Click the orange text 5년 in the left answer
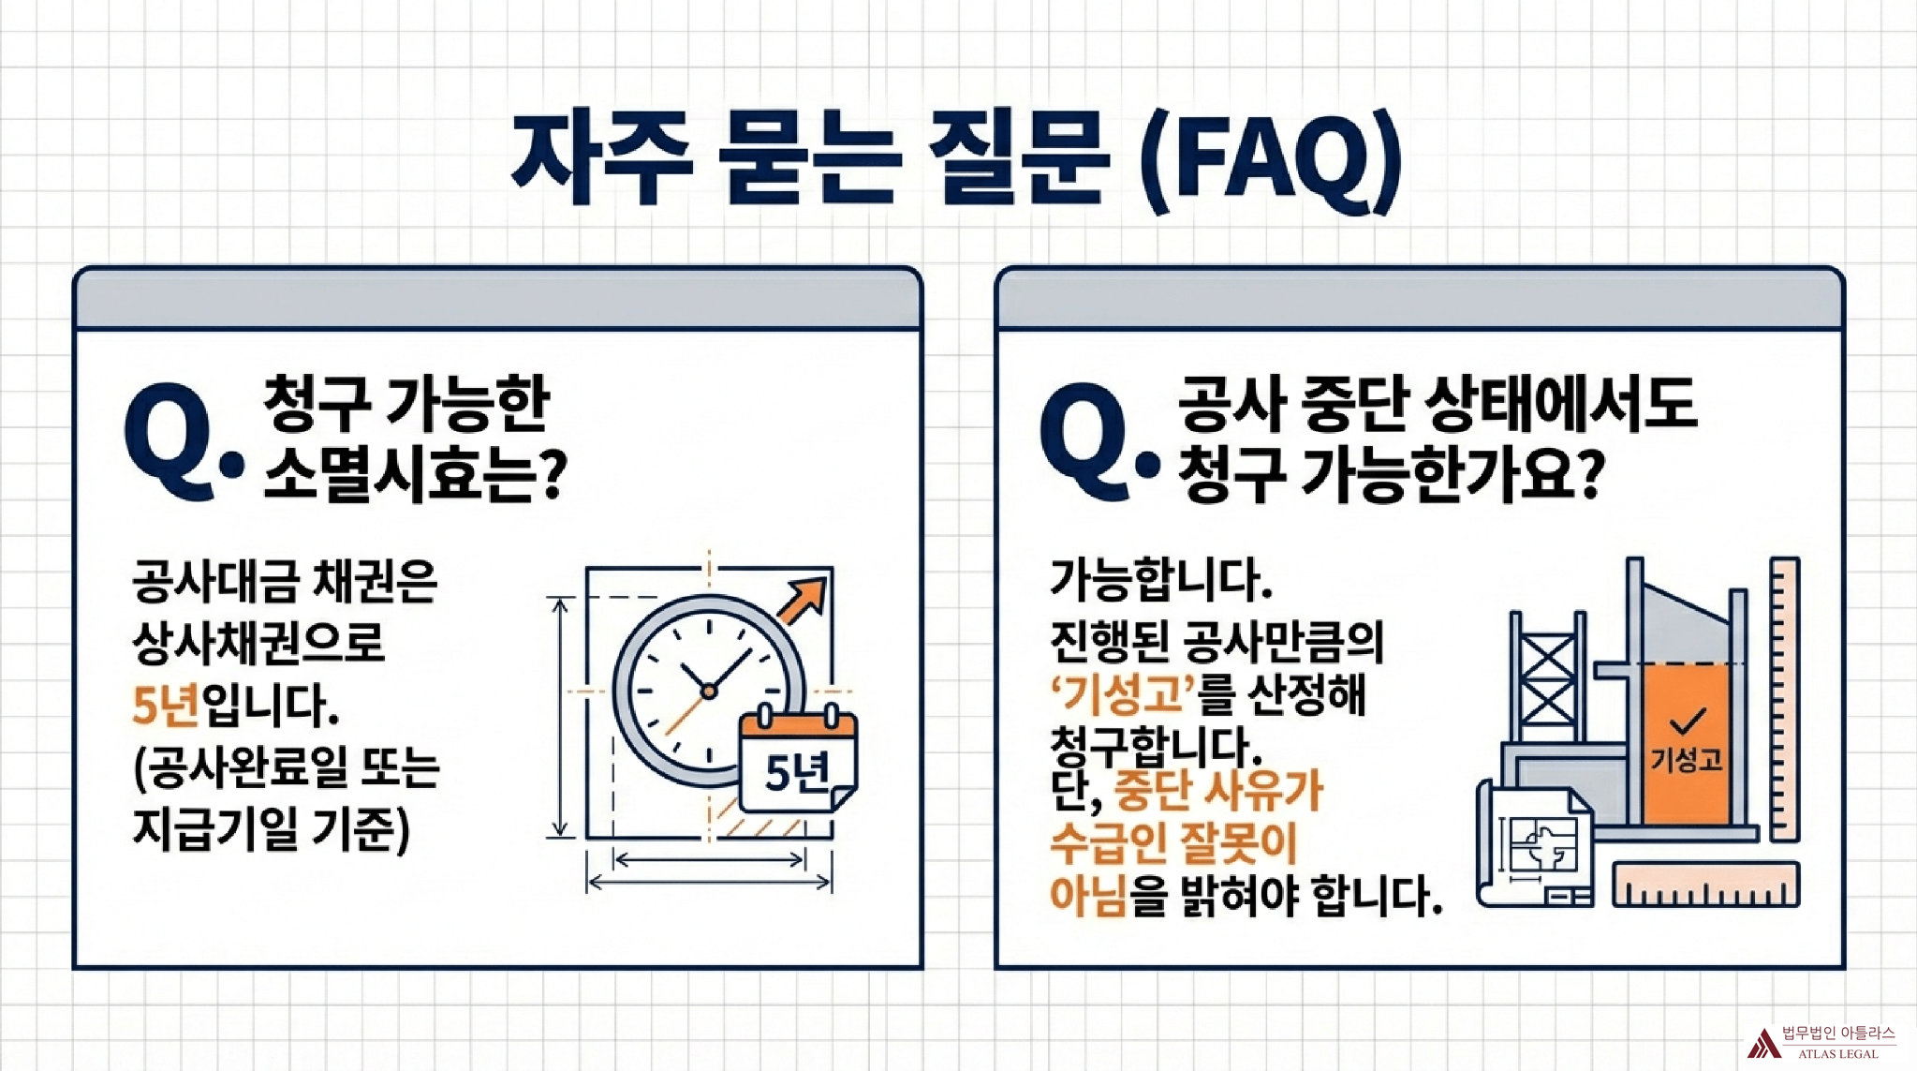point(166,705)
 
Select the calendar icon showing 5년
point(798,760)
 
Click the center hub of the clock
point(709,691)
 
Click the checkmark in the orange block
point(1687,721)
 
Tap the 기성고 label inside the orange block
point(1686,759)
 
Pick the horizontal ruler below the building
point(1705,885)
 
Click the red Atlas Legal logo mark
point(1763,1043)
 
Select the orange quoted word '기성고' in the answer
point(1123,694)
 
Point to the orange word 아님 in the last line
point(1087,895)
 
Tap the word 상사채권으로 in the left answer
point(258,643)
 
